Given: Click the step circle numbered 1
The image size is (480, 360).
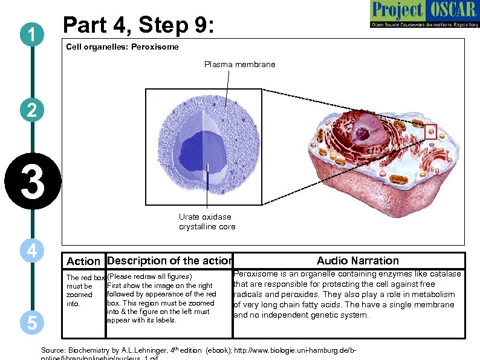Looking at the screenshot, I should pos(30,34).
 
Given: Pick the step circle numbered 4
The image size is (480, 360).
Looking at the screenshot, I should pos(30,250).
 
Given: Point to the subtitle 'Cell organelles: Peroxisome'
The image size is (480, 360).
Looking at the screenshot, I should pos(122,47).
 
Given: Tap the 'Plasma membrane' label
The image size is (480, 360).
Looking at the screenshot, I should pos(239,64).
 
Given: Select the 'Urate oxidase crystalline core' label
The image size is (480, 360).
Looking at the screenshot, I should pos(207,221).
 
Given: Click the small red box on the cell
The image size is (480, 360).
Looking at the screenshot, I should pos(430,131).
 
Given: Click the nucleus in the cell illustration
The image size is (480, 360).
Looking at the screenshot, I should pos(365,130).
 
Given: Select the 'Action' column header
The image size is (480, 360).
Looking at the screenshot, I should pos(83,261).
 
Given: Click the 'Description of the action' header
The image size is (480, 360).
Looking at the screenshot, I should pos(169,261).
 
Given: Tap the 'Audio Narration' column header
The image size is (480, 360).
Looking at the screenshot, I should pos(358,261).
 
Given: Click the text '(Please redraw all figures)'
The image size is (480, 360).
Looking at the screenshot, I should pos(149,277).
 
